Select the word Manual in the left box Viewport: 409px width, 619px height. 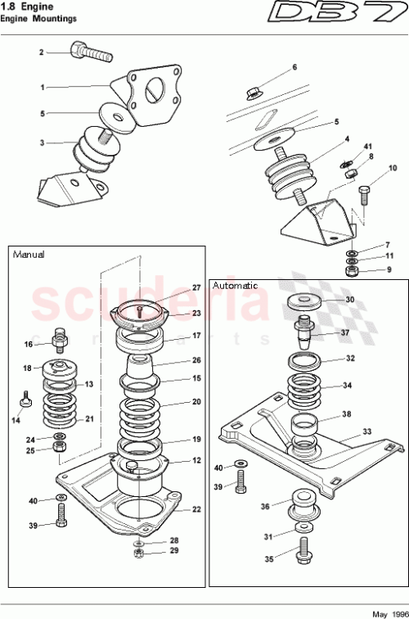pos(29,255)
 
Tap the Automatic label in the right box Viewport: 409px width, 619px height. pos(235,286)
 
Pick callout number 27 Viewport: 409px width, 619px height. pos(196,287)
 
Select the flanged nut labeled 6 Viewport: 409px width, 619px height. pos(254,93)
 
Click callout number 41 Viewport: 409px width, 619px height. pos(368,147)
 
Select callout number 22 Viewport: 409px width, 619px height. pos(196,509)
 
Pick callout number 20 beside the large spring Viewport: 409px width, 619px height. pos(196,402)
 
